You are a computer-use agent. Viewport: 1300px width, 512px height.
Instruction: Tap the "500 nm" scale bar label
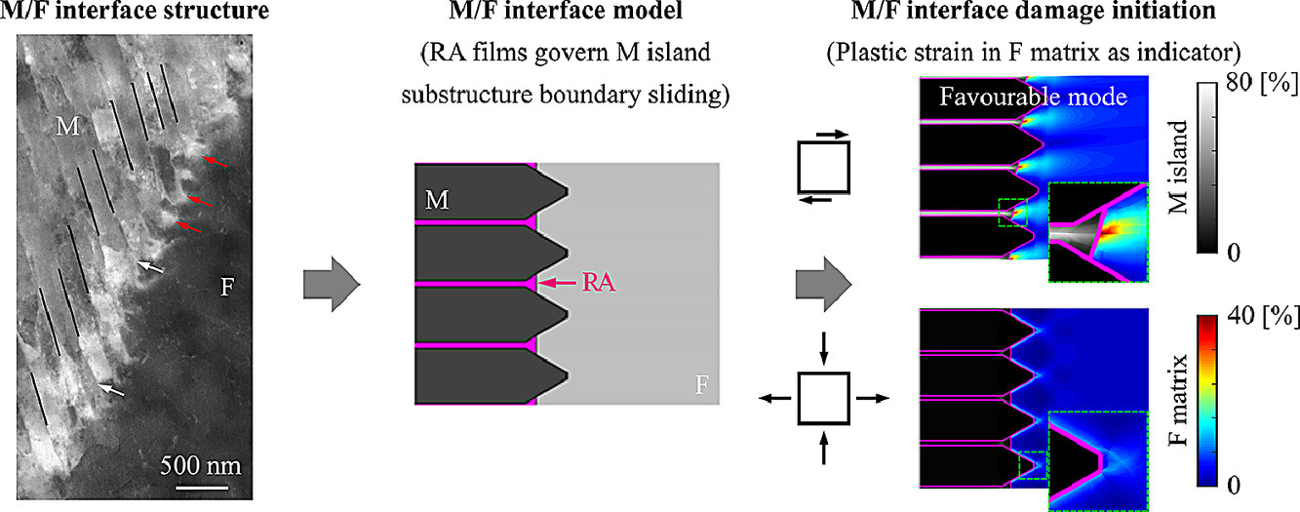(x=201, y=464)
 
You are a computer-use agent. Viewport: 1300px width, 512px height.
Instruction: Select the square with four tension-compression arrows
(x=824, y=398)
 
